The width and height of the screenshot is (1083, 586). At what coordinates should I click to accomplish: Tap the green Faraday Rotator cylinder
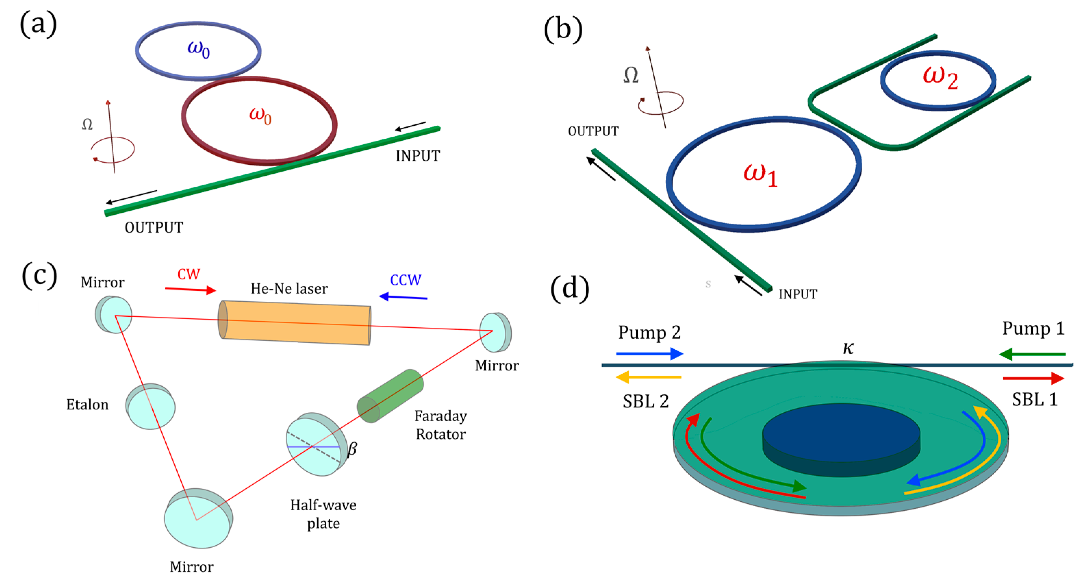tap(390, 396)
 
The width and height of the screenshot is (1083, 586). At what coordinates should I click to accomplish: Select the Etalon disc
tap(151, 407)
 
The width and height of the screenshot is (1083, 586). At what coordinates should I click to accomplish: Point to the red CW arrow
tap(190, 289)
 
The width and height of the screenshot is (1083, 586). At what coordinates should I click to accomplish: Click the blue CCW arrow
tap(403, 297)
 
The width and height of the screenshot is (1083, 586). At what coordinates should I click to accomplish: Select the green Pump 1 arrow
tap(1032, 354)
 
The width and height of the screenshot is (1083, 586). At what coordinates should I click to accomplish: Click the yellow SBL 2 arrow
tap(648, 377)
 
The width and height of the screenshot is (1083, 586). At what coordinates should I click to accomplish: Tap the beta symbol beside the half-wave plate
tap(352, 449)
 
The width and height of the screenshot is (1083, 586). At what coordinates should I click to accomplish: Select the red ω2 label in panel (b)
tap(941, 77)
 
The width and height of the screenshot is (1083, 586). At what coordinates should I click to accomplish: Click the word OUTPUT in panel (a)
tap(154, 228)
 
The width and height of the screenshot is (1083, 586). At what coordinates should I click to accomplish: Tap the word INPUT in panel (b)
tap(798, 294)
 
